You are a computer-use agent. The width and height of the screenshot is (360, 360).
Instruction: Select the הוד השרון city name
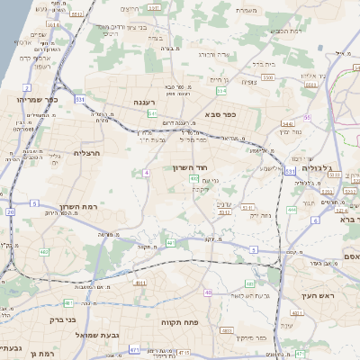click(192, 167)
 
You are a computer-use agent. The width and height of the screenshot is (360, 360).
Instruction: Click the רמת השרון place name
click(80, 207)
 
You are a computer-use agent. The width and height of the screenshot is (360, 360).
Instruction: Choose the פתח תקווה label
click(181, 321)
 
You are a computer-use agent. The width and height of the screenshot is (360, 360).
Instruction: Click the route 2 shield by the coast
click(28, 87)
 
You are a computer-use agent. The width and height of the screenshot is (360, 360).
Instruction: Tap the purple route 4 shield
click(146, 172)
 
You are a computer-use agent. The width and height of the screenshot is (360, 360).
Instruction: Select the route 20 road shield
click(10, 212)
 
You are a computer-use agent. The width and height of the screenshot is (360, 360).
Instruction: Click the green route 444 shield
click(291, 209)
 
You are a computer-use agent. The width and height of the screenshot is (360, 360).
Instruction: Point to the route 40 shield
click(209, 292)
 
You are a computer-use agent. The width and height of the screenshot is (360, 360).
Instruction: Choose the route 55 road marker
click(307, 117)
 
